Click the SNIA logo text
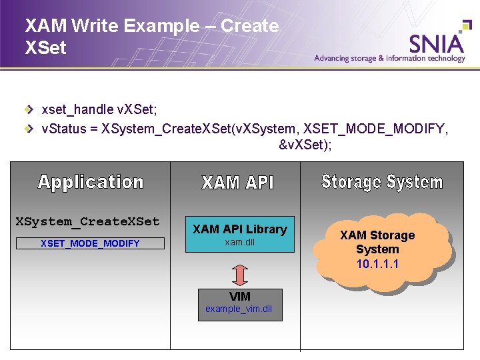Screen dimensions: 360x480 [437, 43]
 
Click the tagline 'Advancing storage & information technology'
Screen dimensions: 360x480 [390, 59]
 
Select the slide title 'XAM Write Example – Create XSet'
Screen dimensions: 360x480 [151, 36]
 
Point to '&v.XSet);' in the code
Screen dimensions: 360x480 [305, 145]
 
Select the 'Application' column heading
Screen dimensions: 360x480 [91, 182]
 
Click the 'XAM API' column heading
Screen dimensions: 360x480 [237, 183]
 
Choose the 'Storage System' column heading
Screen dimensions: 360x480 [382, 182]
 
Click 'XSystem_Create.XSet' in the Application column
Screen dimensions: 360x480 [87, 221]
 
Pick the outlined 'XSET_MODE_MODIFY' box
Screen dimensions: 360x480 [90, 243]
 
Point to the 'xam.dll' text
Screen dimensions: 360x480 [239, 243]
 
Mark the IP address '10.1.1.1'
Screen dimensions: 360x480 [377, 264]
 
